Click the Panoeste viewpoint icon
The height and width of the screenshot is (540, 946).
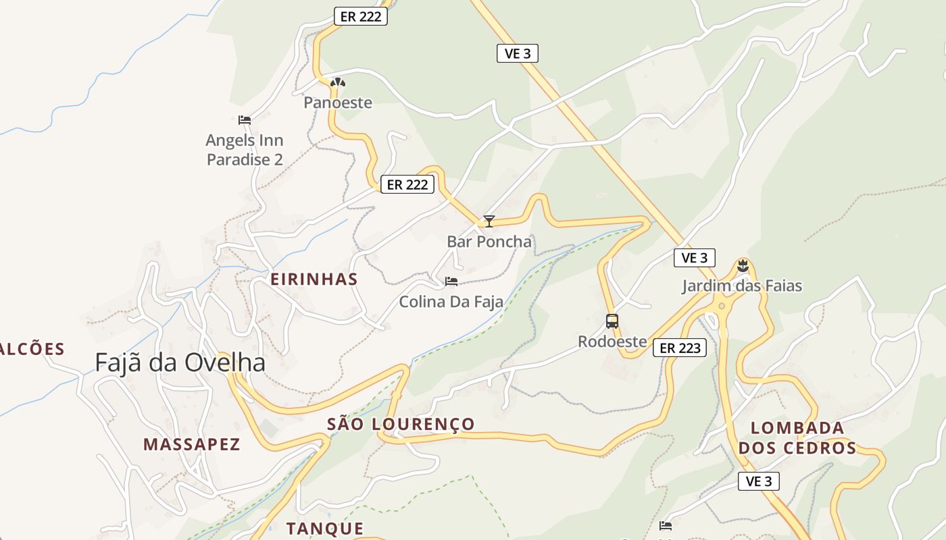pyautogui.click(x=338, y=83)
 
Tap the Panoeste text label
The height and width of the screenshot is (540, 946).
pyautogui.click(x=338, y=103)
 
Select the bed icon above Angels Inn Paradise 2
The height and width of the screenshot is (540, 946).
pyautogui.click(x=245, y=120)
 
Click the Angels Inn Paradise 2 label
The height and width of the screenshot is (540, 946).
pyautogui.click(x=245, y=150)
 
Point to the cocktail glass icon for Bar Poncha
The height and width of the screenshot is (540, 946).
pyautogui.click(x=489, y=221)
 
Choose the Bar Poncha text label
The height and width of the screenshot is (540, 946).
pyautogui.click(x=489, y=242)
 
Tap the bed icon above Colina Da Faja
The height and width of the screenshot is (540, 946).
pyautogui.click(x=451, y=281)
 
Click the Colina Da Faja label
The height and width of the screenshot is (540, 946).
pyautogui.click(x=451, y=302)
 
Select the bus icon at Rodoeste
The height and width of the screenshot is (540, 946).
pyautogui.click(x=612, y=321)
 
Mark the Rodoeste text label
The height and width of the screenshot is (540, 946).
pyautogui.click(x=612, y=342)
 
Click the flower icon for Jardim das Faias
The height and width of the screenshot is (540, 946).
pyautogui.click(x=743, y=265)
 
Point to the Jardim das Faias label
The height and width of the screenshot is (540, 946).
pyautogui.click(x=742, y=286)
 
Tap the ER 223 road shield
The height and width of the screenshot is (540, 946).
pyautogui.click(x=680, y=348)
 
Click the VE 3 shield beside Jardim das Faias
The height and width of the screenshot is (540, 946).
pyautogui.click(x=695, y=258)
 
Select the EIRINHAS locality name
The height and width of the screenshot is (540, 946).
pyautogui.click(x=314, y=279)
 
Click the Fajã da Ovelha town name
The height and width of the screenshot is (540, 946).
pyautogui.click(x=180, y=363)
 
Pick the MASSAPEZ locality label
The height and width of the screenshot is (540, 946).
pyautogui.click(x=192, y=444)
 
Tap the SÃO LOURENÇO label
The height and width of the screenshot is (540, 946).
pyautogui.click(x=401, y=424)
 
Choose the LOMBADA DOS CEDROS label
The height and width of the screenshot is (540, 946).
pyautogui.click(x=797, y=437)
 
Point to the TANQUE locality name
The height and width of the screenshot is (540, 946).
pyautogui.click(x=325, y=529)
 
